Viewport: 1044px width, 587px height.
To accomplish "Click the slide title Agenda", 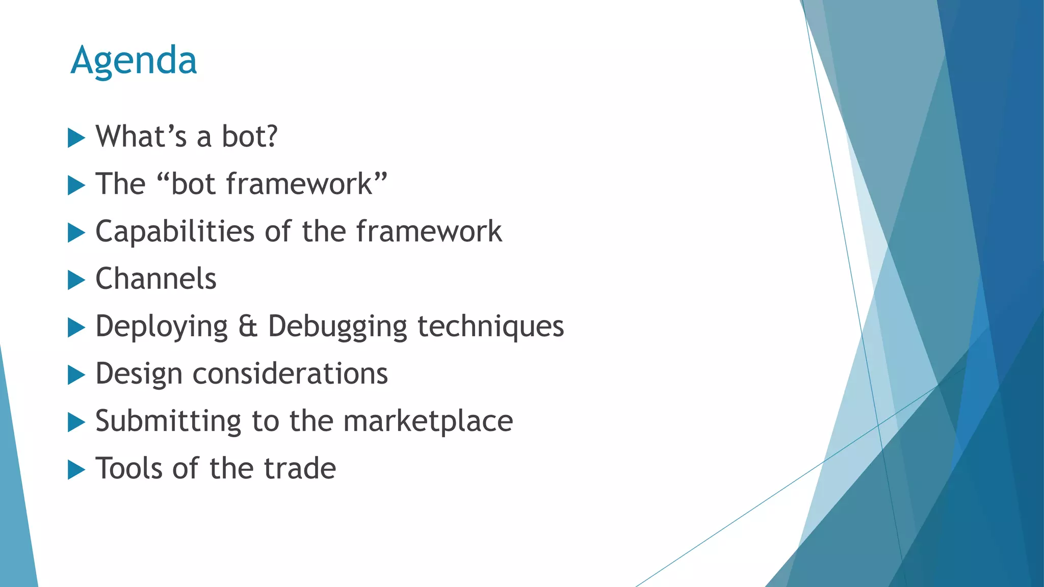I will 134,61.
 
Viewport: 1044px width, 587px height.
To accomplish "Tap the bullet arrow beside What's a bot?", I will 76,138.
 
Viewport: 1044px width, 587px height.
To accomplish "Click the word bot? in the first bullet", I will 249,137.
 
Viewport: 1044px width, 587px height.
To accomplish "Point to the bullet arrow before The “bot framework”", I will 76,185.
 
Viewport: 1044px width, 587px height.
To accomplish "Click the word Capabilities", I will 174,232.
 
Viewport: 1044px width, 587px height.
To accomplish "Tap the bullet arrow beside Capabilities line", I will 76,233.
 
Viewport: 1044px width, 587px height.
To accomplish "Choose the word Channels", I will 156,279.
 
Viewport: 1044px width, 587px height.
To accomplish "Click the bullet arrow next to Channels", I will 76,280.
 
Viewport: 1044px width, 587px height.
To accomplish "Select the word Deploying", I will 162,327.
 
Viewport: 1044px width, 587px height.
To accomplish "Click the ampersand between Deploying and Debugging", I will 248,327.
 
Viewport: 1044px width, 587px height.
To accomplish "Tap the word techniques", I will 490,327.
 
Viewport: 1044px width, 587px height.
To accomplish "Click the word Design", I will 139,374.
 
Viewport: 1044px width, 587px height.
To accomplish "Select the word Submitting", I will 168,421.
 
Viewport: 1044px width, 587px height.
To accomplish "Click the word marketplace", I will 428,421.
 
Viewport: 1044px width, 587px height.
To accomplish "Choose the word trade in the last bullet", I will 300,468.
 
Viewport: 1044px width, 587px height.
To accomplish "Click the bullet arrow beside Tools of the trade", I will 76,470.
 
